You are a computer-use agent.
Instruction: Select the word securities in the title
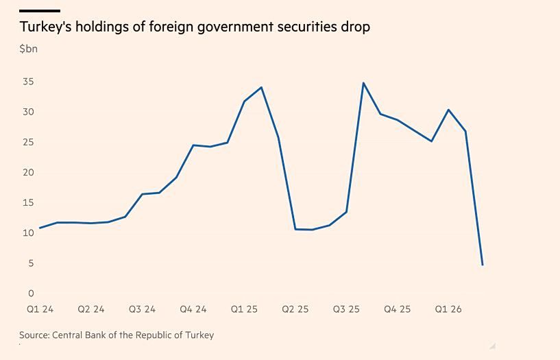(x=299, y=27)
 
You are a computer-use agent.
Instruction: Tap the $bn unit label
(x=29, y=49)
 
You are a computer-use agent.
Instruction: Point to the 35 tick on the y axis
(x=28, y=82)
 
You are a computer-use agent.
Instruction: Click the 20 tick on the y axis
(x=28, y=172)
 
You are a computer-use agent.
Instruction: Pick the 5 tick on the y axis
(x=31, y=263)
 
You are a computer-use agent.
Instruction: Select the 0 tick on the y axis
(x=31, y=293)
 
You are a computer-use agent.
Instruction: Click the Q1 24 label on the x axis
(x=40, y=309)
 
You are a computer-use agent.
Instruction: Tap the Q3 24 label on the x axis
(x=142, y=309)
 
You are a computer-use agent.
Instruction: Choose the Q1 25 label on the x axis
(x=244, y=309)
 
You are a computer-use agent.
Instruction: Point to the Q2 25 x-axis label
(x=295, y=309)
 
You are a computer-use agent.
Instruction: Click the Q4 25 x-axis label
(x=397, y=309)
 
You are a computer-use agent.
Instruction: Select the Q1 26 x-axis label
(x=448, y=309)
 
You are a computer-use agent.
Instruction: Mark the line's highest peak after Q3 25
(x=363, y=83)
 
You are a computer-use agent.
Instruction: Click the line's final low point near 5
(x=483, y=265)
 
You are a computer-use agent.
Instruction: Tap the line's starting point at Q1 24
(x=40, y=228)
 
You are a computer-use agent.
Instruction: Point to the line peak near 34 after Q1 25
(x=261, y=87)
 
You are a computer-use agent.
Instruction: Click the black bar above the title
(x=40, y=11)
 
